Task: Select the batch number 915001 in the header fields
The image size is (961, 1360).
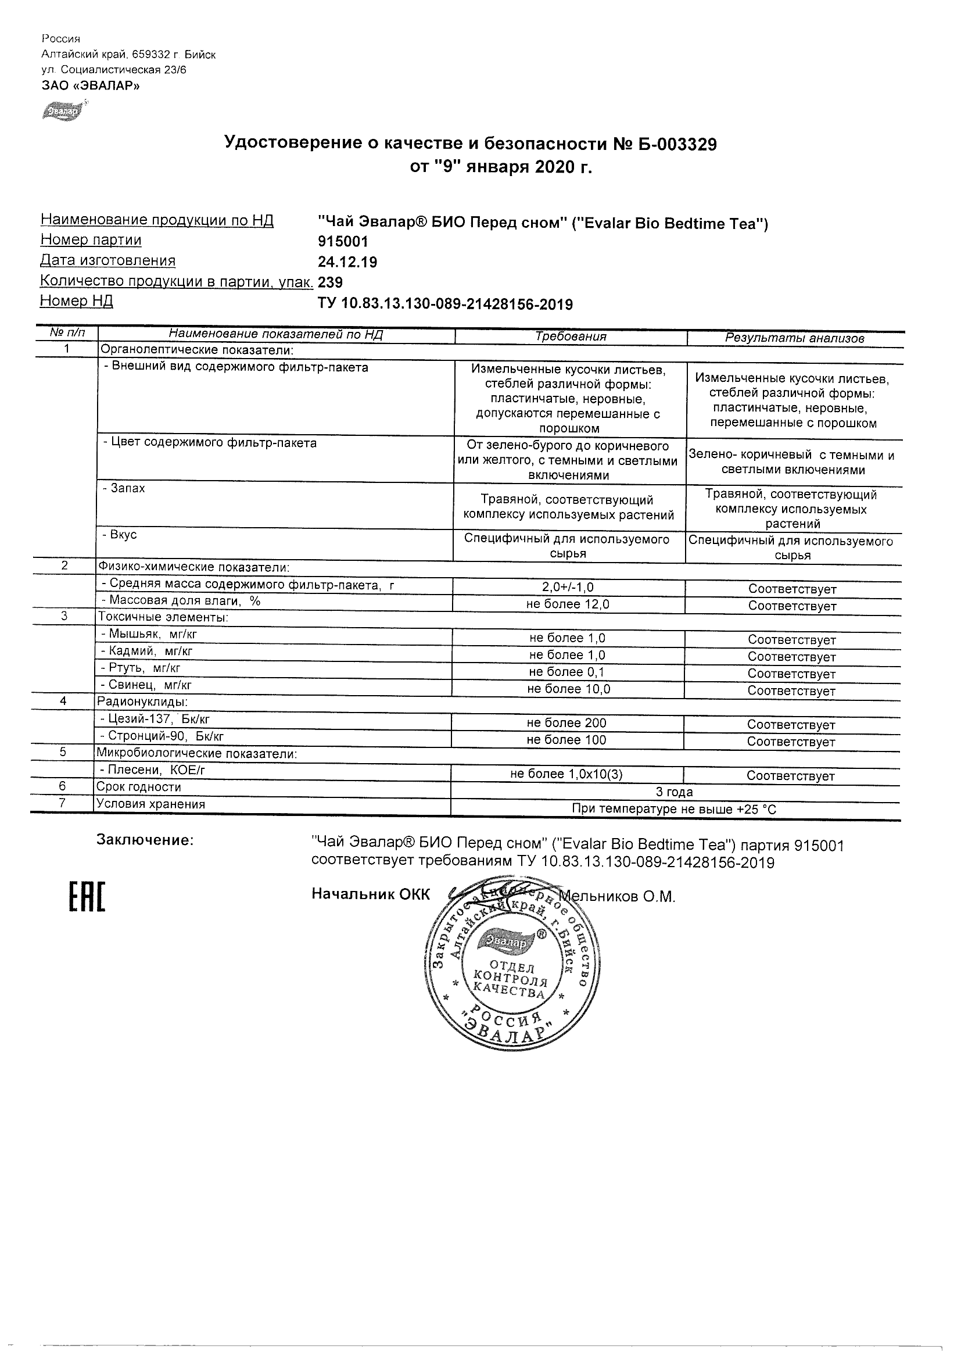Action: tap(343, 242)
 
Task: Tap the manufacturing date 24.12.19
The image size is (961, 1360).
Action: tap(347, 262)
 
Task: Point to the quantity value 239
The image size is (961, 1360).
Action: tap(331, 282)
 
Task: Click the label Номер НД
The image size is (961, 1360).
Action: tap(76, 301)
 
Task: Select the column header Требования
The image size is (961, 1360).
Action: tap(570, 337)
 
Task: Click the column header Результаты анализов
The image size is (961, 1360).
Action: tap(795, 338)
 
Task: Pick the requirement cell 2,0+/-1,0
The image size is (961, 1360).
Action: tap(568, 587)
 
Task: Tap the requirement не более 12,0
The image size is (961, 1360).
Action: tap(568, 604)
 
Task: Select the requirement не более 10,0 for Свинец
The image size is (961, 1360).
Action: tap(568, 689)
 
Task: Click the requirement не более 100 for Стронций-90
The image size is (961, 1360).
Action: tap(566, 740)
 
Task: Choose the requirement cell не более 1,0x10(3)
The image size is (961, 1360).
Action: tap(566, 774)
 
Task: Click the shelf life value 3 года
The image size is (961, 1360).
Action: tap(675, 792)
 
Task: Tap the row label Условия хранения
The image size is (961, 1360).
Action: tap(151, 804)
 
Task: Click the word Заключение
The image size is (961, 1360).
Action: tap(145, 840)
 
